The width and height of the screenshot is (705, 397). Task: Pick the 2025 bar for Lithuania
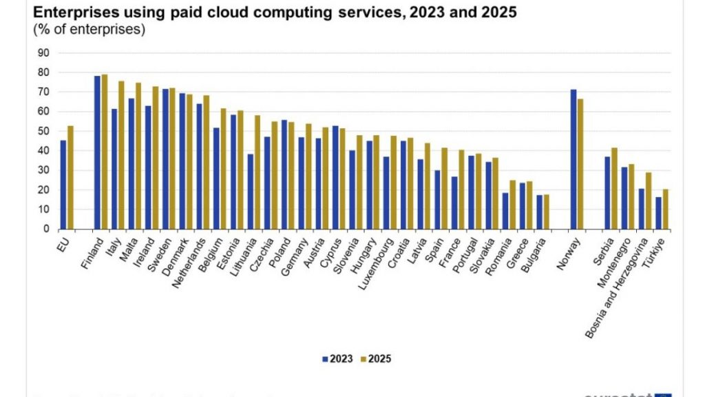tap(257, 172)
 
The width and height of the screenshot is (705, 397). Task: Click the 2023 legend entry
tap(338, 358)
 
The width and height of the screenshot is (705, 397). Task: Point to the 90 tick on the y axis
tap(43, 53)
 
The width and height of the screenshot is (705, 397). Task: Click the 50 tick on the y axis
tap(43, 131)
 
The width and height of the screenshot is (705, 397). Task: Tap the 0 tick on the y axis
tap(46, 229)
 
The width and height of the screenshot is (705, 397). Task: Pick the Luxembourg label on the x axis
tap(376, 258)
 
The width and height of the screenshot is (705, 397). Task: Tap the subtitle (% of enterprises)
tap(89, 29)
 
